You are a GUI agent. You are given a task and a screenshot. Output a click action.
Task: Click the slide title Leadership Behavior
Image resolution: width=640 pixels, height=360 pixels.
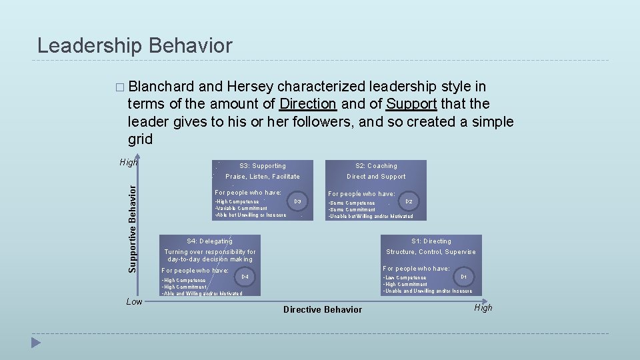click(x=135, y=45)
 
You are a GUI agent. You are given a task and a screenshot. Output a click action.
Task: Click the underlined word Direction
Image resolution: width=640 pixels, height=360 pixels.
click(x=307, y=104)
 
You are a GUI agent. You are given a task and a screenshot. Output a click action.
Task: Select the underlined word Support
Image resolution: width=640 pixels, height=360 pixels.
click(x=411, y=104)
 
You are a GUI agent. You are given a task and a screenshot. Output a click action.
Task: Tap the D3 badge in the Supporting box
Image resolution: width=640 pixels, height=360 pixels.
click(x=297, y=201)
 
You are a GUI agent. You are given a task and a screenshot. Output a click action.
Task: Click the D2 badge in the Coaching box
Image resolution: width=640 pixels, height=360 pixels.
click(x=409, y=201)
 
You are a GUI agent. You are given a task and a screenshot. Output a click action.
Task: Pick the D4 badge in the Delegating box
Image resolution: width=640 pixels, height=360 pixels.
click(x=245, y=276)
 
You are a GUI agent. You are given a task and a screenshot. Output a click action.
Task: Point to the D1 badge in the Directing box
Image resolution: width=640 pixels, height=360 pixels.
click(x=463, y=276)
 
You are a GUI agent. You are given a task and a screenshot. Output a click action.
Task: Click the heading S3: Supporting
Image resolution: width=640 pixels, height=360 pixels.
click(x=262, y=166)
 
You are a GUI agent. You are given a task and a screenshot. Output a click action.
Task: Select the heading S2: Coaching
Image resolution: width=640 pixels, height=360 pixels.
click(x=376, y=166)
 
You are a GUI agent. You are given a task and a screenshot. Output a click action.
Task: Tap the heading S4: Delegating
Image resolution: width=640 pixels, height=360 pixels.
click(x=209, y=241)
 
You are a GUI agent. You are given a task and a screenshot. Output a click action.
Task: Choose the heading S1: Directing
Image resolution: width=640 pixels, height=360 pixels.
click(x=431, y=241)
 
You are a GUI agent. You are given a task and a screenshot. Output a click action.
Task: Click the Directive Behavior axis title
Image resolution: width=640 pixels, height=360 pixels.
click(x=323, y=309)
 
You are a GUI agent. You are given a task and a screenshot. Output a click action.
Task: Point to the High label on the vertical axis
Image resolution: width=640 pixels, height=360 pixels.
click(x=129, y=162)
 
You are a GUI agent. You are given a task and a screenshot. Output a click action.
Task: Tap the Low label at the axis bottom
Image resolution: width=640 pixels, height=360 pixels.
click(x=135, y=302)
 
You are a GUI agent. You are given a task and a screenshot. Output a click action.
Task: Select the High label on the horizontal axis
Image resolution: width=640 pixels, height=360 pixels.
click(x=483, y=307)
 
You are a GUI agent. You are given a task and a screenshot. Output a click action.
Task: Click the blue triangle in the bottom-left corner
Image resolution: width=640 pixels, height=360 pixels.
click(x=36, y=343)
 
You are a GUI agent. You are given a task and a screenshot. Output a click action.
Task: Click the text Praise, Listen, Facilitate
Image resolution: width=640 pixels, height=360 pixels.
click(x=263, y=177)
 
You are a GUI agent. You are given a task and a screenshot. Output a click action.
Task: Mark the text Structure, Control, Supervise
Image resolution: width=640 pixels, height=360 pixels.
click(x=431, y=252)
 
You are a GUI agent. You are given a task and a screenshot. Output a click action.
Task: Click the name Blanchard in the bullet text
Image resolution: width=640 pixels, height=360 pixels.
click(x=162, y=87)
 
